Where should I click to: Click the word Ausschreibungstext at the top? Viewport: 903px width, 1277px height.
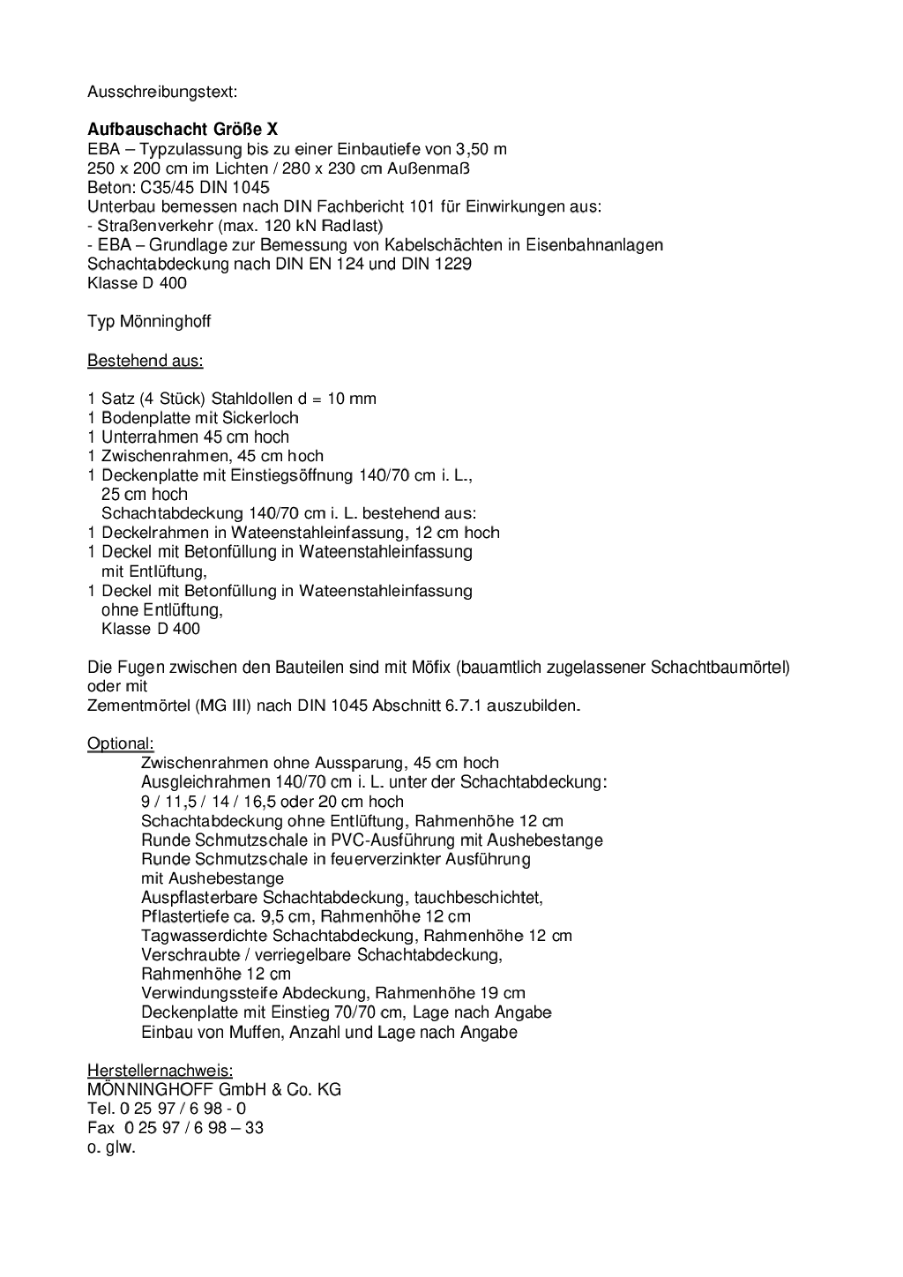click(x=162, y=91)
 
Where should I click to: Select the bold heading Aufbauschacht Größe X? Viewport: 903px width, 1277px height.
click(x=183, y=130)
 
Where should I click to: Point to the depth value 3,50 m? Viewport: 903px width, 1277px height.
click(x=481, y=149)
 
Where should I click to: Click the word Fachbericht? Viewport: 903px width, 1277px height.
click(x=362, y=206)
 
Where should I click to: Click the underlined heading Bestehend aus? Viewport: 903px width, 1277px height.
click(x=145, y=361)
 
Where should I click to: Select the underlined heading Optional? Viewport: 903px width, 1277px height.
click(x=120, y=743)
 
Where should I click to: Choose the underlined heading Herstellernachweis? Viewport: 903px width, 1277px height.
click(x=160, y=1071)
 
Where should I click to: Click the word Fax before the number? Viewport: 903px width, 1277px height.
click(x=101, y=1128)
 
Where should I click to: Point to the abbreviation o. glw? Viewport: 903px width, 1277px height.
click(x=111, y=1147)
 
